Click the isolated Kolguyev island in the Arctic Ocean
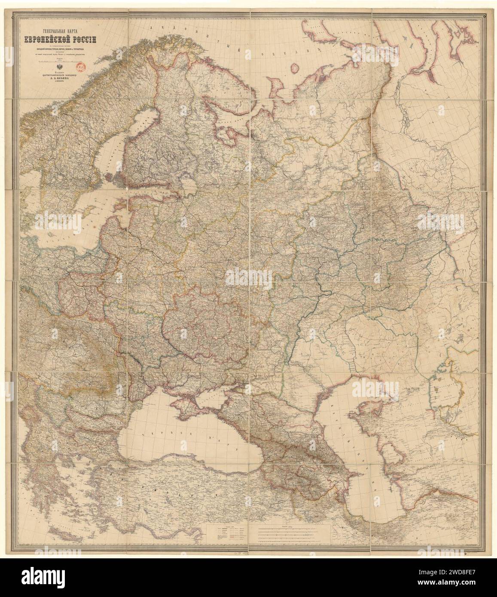pos(295,68)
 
